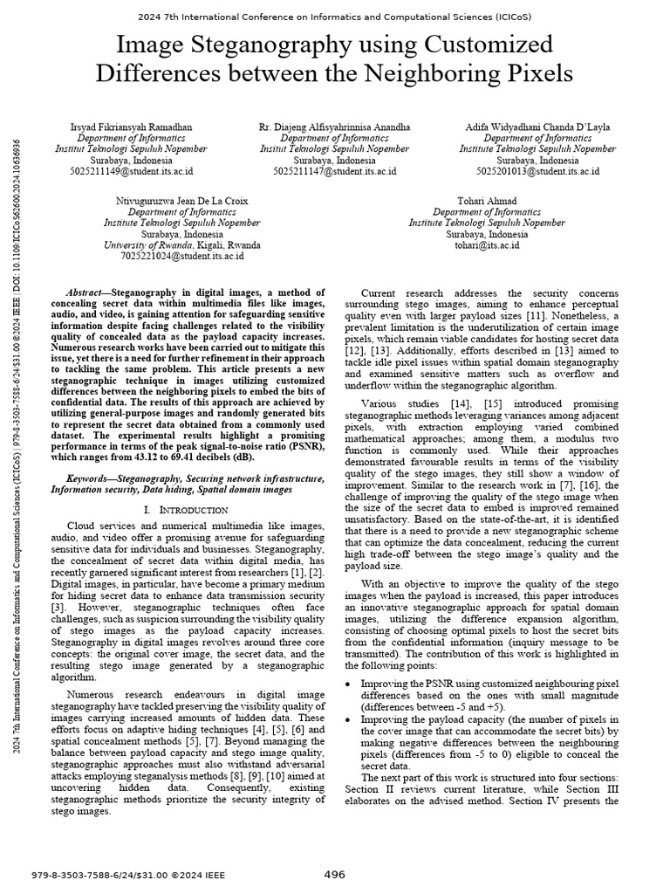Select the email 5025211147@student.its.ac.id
coord(334,172)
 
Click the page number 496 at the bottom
coord(335,874)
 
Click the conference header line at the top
coord(335,16)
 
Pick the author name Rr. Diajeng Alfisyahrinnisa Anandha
coord(334,127)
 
